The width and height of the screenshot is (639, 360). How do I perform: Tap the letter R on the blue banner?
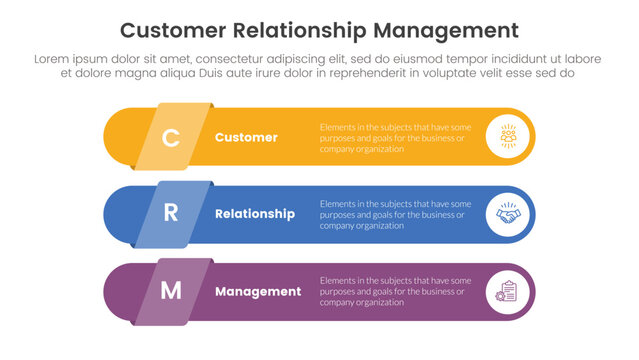pos(170,214)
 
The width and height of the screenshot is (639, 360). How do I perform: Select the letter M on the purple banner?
pos(171,291)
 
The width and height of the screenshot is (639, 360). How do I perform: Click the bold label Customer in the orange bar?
pos(246,137)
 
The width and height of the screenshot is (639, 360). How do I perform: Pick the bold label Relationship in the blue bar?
pos(255,214)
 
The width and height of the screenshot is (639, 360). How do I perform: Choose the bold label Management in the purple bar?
pos(258,292)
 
